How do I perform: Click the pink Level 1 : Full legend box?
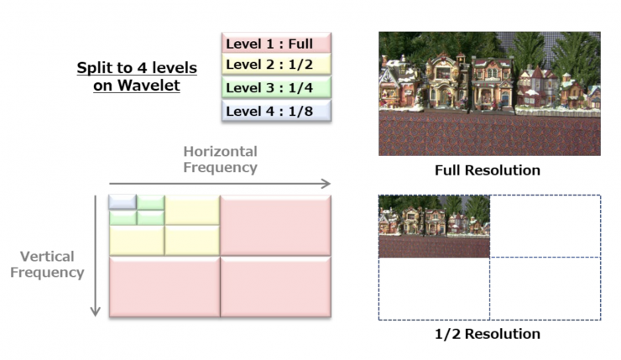click(x=277, y=42)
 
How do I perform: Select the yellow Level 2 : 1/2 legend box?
click(x=277, y=65)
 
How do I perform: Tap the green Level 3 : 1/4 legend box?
click(x=277, y=87)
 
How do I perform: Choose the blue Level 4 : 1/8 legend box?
click(x=277, y=110)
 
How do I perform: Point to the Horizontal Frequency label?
click(x=220, y=159)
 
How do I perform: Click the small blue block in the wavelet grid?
click(x=123, y=202)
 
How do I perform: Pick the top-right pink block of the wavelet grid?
click(x=275, y=225)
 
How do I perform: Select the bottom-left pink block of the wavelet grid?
click(x=164, y=287)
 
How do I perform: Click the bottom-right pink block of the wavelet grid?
click(x=275, y=287)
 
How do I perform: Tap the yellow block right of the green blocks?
click(x=192, y=210)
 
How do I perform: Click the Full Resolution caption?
click(x=488, y=170)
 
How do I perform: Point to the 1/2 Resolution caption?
click(x=488, y=334)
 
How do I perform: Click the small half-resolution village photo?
click(x=434, y=227)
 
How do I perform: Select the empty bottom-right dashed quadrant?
click(x=545, y=289)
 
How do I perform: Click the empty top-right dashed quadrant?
click(x=545, y=227)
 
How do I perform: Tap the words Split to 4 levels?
click(x=137, y=67)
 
